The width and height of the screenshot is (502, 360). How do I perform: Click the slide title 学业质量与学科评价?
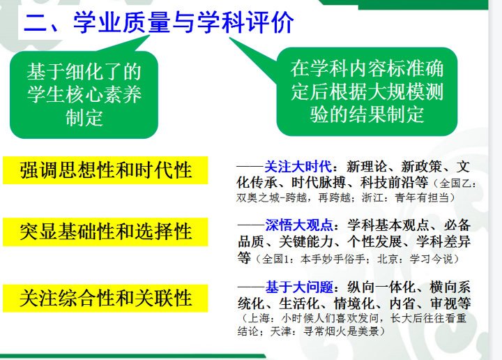tap(183, 22)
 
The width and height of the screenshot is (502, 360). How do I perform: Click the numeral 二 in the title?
tap(36, 23)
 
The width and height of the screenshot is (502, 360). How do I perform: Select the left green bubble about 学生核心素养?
tap(84, 94)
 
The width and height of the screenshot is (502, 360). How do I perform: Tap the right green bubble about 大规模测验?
tap(367, 91)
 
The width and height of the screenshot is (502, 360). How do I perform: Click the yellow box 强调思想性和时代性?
tap(105, 170)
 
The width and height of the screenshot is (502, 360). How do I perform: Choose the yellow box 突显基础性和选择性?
tap(105, 232)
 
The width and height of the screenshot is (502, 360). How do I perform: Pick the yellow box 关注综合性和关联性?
tap(105, 298)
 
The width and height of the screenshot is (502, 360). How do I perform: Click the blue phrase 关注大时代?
tap(298, 167)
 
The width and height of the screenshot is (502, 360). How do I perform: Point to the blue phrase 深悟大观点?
tap(298, 225)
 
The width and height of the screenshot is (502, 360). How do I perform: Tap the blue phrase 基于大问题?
tap(299, 287)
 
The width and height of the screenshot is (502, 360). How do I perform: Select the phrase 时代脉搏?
tap(318, 183)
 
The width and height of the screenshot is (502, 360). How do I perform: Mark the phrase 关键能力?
tap(306, 241)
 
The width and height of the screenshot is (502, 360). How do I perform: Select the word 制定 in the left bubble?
tap(84, 117)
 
